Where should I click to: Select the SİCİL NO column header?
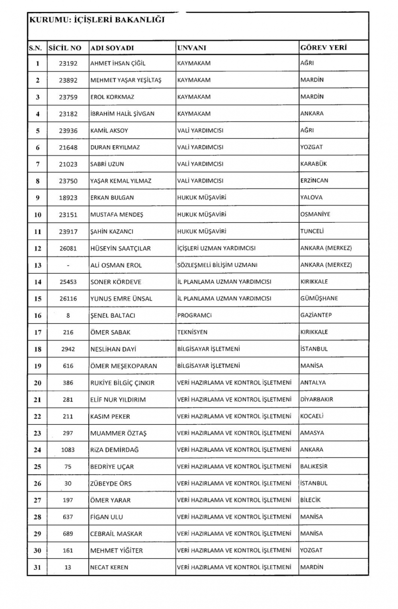(64, 48)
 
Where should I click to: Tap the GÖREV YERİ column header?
(323, 48)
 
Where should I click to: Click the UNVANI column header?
(191, 48)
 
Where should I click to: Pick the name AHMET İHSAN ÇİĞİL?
(118, 63)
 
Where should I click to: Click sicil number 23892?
(68, 80)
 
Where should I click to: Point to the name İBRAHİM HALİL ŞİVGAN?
(122, 114)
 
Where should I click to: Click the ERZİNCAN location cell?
(314, 181)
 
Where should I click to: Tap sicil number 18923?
(68, 198)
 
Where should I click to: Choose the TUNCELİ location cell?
(312, 231)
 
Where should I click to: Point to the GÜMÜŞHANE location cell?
(319, 298)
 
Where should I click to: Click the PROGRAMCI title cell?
(194, 315)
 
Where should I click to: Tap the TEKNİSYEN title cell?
(192, 332)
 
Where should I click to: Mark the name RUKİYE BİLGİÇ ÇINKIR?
(122, 383)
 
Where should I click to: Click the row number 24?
(37, 450)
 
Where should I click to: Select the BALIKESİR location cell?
(314, 467)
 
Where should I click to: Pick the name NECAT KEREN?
(109, 567)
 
